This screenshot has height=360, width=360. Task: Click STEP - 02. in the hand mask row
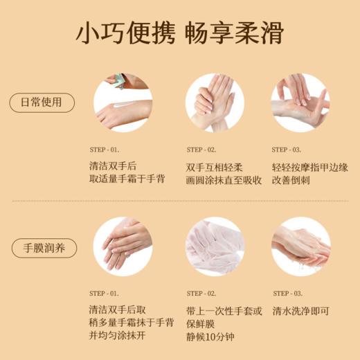tap(201, 294)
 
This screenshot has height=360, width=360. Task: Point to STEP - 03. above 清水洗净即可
tap(287, 294)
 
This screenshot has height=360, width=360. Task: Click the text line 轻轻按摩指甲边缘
tap(310, 167)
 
